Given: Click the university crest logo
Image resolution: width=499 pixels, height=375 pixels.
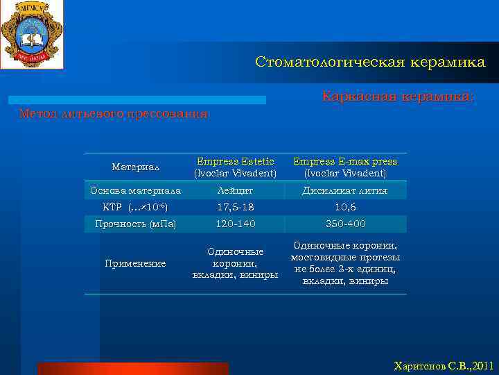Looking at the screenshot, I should point(32,34).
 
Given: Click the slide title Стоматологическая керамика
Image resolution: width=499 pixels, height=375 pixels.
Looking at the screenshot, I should point(370,62).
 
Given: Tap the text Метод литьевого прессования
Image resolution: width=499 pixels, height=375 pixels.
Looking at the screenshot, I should point(113,113).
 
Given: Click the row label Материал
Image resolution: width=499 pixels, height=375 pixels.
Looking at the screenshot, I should point(136,167).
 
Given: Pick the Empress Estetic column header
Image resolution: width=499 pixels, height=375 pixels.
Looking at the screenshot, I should point(235,167).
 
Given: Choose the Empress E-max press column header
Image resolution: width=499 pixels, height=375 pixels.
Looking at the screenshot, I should point(345,167).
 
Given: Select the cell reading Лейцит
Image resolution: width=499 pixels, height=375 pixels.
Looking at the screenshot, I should point(235,190).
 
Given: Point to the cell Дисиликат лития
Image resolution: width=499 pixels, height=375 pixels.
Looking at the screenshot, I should point(345,190).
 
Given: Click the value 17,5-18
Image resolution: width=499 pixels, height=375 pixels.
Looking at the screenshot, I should point(235,207).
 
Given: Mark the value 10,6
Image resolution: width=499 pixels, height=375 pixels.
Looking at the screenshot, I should point(345,207).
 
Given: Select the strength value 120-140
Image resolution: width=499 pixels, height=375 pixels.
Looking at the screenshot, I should point(235,224).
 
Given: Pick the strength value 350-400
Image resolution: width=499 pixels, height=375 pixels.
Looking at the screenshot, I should point(345,224).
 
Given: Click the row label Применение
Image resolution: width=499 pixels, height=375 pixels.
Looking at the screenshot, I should point(136,263).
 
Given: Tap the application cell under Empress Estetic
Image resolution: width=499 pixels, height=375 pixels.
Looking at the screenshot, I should point(235,263).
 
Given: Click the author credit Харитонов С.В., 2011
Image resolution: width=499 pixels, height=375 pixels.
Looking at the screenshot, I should point(444,365).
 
